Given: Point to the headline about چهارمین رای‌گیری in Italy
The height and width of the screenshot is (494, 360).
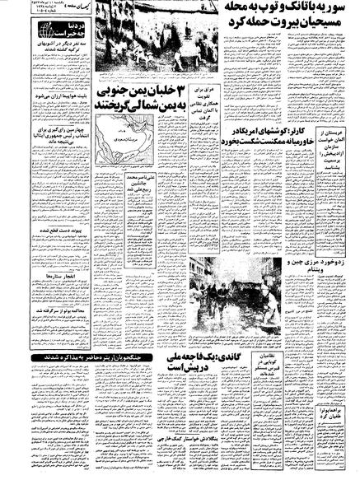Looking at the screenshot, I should [x=49, y=159].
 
